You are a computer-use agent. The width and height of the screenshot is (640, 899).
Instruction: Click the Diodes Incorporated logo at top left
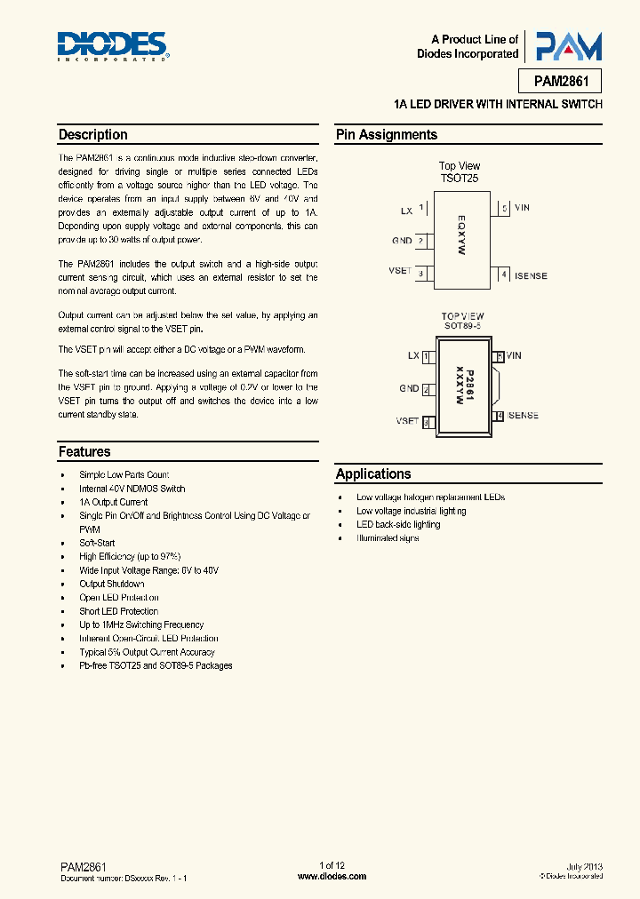coord(112,46)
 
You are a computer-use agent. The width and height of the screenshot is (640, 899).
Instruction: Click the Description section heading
coord(92,135)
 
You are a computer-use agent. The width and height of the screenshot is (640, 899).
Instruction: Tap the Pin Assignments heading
coord(386,135)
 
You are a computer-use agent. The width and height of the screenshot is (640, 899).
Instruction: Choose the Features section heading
coord(84,451)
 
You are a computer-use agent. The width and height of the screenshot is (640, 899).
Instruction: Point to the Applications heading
coord(373,473)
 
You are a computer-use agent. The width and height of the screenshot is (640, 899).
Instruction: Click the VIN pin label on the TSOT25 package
coord(522,208)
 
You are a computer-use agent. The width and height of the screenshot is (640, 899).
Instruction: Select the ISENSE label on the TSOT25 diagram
coord(530,275)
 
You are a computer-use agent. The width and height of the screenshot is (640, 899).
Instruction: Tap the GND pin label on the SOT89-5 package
coord(409,389)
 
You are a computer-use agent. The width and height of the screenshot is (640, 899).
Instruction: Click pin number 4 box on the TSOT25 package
coord(504,275)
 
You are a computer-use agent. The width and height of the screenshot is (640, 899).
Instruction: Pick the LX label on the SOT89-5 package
coord(413,356)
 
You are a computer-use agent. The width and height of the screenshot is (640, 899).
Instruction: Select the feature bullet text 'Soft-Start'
coord(97,543)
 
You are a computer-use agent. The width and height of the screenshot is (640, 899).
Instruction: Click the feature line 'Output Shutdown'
coord(112,584)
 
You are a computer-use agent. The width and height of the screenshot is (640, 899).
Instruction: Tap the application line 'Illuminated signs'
coord(388,538)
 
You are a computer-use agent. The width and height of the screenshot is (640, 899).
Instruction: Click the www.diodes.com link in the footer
coord(332,876)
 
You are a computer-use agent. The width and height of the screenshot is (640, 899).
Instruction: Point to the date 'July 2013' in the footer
coord(584,866)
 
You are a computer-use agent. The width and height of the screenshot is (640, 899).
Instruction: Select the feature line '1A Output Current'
coord(114,502)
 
